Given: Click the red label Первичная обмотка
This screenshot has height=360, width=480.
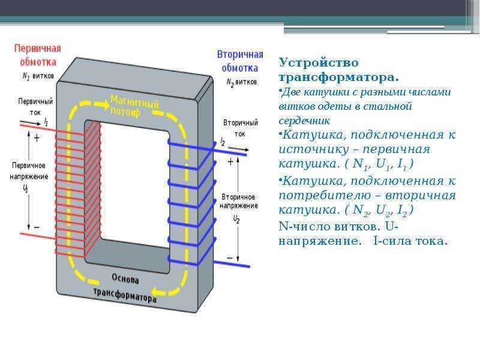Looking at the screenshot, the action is tap(38, 55).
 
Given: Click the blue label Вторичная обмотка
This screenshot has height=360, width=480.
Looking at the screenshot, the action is tap(240, 61).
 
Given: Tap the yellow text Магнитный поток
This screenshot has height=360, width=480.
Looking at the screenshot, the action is tap(134, 106).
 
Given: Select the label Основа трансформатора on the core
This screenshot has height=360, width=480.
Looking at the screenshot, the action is tap(125, 289).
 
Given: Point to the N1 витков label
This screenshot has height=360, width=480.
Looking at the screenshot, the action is tap(38, 76).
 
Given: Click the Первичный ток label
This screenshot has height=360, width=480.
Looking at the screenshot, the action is tap(35, 107).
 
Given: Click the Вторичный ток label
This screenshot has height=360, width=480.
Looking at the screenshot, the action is tap(241, 128).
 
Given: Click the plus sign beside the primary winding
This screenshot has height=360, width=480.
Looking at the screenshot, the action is tap(37, 138).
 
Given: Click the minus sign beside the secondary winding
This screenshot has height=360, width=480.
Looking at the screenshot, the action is tap(230, 258).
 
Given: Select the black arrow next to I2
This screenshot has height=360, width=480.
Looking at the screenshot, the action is tap(239, 149).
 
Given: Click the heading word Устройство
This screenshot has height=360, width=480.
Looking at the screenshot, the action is tap(319, 63).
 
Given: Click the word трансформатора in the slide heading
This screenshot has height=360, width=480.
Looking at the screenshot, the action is tap(339, 77).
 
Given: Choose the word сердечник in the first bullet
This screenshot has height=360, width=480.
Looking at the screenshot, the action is tap(304, 121).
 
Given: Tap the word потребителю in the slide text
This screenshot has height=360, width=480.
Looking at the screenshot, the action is tap(325, 196).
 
